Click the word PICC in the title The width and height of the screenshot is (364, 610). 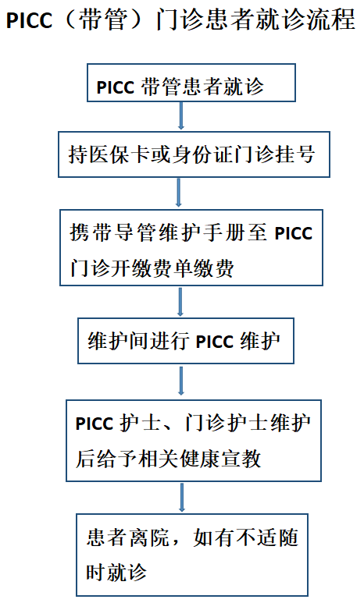click(x=29, y=20)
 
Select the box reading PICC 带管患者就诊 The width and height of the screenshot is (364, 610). click(x=191, y=83)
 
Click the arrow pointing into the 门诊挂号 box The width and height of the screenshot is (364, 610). click(x=181, y=115)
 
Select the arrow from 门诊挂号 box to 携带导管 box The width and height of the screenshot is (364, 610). click(x=179, y=193)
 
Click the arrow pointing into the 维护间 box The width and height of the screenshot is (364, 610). click(x=180, y=302)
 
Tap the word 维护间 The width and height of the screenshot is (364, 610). click(x=118, y=341)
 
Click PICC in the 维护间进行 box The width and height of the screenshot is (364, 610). click(x=214, y=342)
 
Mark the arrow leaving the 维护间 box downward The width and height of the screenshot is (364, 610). click(x=181, y=381)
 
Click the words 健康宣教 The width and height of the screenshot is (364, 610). click(x=221, y=459)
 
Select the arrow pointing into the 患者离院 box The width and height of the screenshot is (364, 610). click(x=182, y=497)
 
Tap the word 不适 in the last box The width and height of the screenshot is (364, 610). click(x=257, y=537)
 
